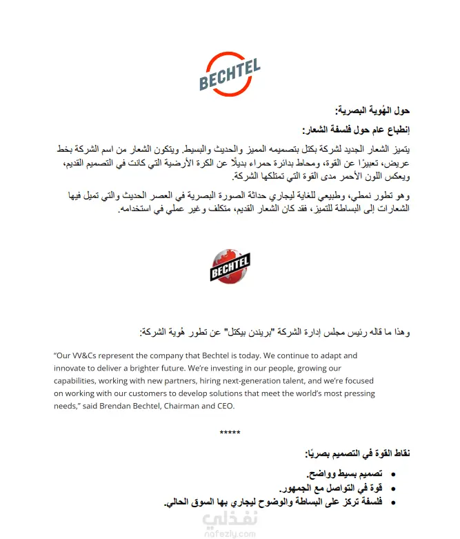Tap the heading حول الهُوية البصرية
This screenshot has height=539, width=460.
pos(372,111)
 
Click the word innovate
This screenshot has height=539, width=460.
pos(70,368)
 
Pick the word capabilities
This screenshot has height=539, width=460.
pos(79,381)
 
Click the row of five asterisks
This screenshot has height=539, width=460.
pos(230,433)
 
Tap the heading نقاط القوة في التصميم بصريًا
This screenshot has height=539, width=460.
pos(358,453)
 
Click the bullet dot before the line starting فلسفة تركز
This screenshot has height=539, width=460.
pos(392,503)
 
